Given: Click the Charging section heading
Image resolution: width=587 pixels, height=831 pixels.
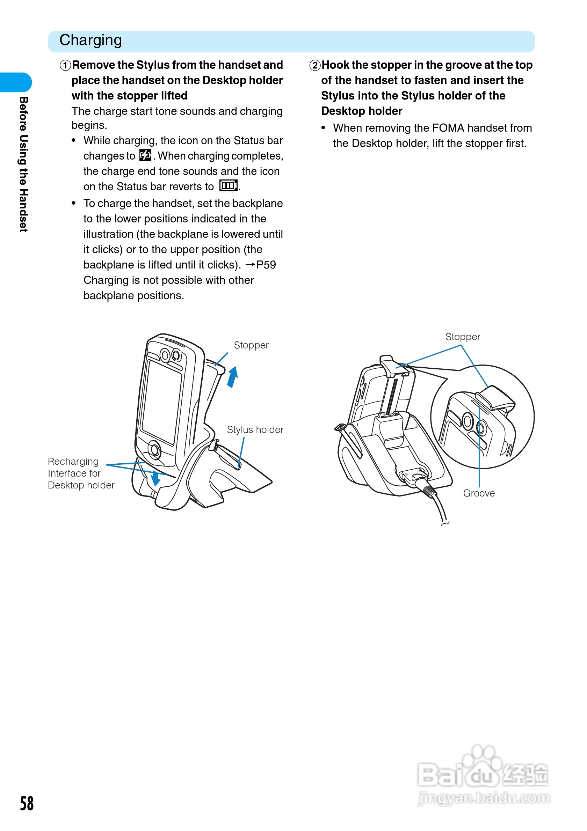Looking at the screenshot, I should point(90,40).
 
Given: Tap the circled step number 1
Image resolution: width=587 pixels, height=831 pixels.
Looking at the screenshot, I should point(65,66).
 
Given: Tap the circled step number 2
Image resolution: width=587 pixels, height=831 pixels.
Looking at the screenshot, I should point(315,66).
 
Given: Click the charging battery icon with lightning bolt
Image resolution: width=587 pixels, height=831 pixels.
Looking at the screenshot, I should point(145,155).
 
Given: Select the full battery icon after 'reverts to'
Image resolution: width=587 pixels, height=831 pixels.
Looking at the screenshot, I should point(228,186).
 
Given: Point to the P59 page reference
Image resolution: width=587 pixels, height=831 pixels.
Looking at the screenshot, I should point(266,265).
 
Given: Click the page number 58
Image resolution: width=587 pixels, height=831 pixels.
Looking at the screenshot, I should point(27,803).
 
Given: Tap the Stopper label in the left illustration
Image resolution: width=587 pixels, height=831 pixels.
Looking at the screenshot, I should point(251,345).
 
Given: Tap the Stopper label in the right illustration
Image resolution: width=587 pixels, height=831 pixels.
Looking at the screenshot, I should point(462,337).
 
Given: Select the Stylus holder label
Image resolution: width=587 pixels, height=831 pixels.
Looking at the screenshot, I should point(255,429).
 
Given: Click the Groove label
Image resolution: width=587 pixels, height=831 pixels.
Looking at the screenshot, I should point(479,493).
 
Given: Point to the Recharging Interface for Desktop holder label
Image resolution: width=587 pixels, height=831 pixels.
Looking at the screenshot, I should point(81,473).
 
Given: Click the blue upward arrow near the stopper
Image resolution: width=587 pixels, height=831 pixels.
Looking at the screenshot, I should point(232,377).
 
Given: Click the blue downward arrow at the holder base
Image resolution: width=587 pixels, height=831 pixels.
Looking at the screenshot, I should point(156,478).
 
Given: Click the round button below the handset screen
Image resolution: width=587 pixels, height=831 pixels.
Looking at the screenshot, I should point(155,450).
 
